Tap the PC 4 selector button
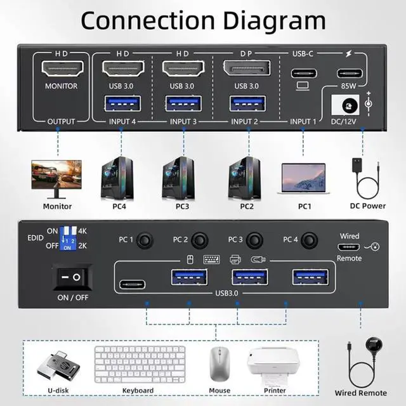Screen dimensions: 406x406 pyautogui.click(x=310, y=240)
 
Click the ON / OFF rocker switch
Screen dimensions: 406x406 pyautogui.click(x=70, y=277)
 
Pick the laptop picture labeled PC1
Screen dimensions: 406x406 pyautogui.click(x=303, y=178)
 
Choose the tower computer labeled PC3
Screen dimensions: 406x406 pyautogui.click(x=179, y=176)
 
